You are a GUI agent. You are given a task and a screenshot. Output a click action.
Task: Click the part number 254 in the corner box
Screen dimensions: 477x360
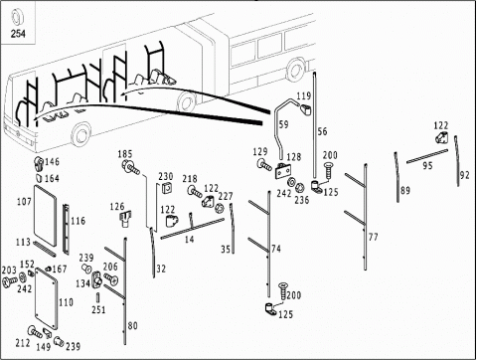[x=18, y=34]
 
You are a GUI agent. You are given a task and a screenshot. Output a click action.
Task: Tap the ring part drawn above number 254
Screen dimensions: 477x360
[x=16, y=17]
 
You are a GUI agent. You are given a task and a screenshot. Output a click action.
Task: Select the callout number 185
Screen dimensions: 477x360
[x=125, y=154]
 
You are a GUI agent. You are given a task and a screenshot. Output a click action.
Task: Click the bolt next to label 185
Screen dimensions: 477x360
[x=131, y=167]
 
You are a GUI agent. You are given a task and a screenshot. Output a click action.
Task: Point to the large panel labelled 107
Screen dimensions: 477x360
[x=45, y=216]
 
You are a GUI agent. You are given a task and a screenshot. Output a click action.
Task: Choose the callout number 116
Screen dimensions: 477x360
[x=78, y=221]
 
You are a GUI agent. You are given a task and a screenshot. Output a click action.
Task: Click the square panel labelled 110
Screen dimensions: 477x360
[x=46, y=299]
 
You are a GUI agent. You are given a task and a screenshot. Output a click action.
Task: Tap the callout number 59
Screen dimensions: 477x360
[x=284, y=125]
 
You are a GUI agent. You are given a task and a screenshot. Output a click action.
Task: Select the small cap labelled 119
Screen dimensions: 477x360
[x=305, y=109]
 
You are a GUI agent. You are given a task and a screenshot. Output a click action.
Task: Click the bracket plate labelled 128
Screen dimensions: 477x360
[x=283, y=171]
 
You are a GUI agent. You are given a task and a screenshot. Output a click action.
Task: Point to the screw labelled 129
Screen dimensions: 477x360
[x=264, y=164]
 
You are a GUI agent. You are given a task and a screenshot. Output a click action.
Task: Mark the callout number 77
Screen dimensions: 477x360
[x=374, y=237]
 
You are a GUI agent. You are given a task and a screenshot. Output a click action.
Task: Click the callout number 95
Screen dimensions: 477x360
[x=427, y=165]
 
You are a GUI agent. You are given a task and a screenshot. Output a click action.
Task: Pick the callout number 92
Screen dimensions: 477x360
[x=465, y=175]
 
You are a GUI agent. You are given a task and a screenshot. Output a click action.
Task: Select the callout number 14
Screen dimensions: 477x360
[x=189, y=239]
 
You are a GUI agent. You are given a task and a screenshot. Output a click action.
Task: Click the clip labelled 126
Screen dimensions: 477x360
[x=125, y=219]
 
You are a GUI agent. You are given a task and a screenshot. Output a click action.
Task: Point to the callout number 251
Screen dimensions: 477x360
[x=98, y=309]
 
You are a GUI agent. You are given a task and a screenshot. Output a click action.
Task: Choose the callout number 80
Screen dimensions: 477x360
[x=132, y=326]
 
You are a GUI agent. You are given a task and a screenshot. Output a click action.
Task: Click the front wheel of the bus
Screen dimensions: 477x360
[x=81, y=134]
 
